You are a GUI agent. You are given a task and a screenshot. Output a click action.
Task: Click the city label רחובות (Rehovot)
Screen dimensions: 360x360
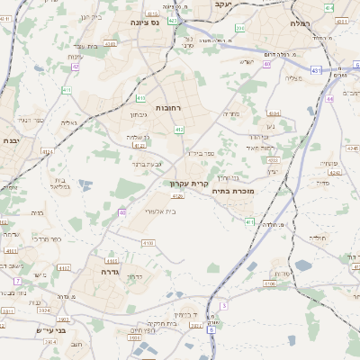(169, 107)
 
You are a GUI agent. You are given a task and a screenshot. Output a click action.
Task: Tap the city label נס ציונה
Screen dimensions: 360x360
(144, 22)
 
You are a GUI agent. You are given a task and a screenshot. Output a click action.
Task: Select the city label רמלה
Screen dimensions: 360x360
(300, 22)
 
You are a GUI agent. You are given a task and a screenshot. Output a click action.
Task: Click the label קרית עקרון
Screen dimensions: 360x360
(189, 184)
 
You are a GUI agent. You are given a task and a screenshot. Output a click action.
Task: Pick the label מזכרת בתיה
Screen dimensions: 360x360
(233, 191)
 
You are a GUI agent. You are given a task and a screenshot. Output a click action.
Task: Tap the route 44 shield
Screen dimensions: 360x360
(330, 99)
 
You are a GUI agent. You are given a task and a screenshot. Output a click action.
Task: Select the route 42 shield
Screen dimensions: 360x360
(76, 66)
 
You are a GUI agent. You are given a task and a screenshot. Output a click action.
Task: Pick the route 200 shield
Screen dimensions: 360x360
(240, 28)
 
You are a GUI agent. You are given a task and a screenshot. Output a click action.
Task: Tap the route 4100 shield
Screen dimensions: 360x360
(148, 243)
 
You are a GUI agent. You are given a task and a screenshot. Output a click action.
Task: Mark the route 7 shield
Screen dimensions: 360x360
(17, 282)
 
